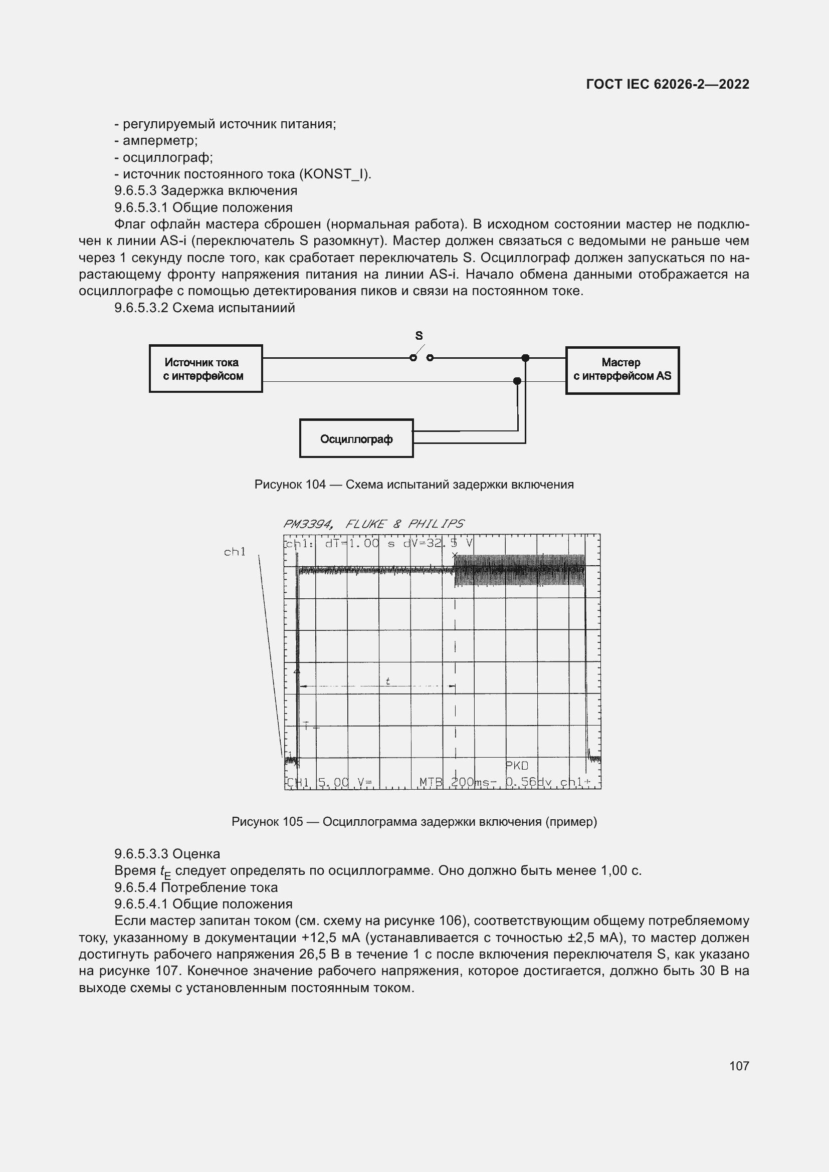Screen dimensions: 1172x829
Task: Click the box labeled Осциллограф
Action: [x=356, y=438]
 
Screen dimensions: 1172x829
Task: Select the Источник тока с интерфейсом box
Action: [x=205, y=369]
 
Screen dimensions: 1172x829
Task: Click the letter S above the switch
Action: [x=419, y=335]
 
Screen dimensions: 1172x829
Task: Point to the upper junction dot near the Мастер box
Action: [x=525, y=358]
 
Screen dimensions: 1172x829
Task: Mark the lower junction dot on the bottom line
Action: [x=517, y=381]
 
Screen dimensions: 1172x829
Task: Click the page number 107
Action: [x=739, y=1065]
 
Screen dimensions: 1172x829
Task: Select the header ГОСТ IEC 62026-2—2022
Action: [x=668, y=84]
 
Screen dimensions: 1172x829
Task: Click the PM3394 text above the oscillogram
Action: [x=308, y=524]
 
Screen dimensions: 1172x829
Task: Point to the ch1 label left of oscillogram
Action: [x=235, y=551]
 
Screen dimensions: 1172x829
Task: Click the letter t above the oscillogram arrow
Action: [x=388, y=681]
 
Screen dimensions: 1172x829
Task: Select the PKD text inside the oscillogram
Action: [x=517, y=765]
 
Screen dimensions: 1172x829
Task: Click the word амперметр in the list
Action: [x=160, y=140]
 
